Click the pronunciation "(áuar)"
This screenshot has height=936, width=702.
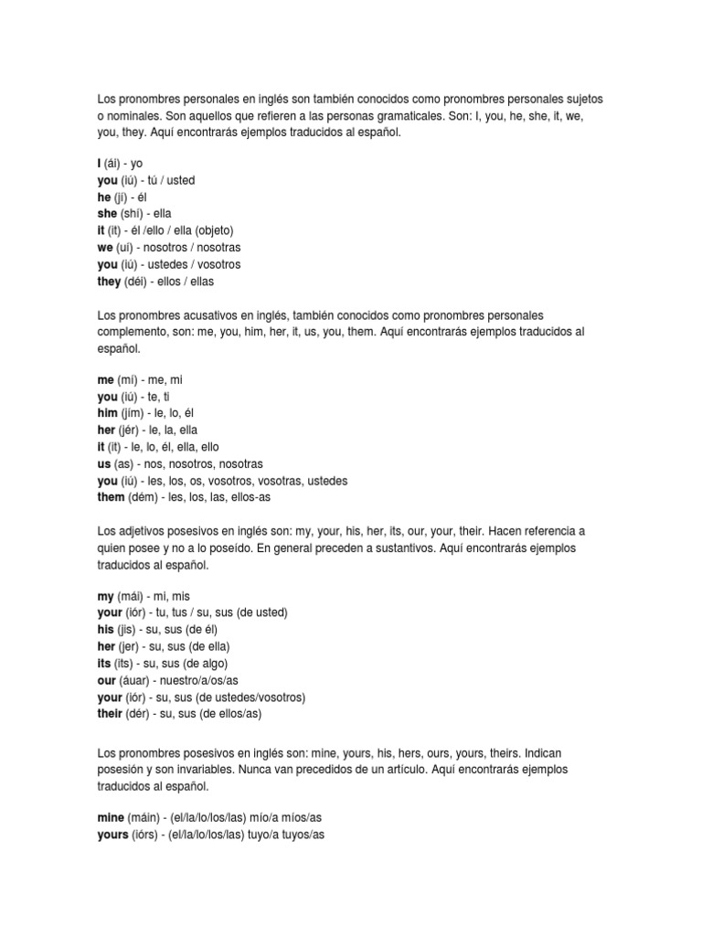tap(137, 680)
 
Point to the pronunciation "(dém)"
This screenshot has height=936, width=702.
tap(144, 497)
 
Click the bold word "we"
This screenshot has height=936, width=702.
tap(105, 248)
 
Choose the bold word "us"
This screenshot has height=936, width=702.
tap(104, 463)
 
